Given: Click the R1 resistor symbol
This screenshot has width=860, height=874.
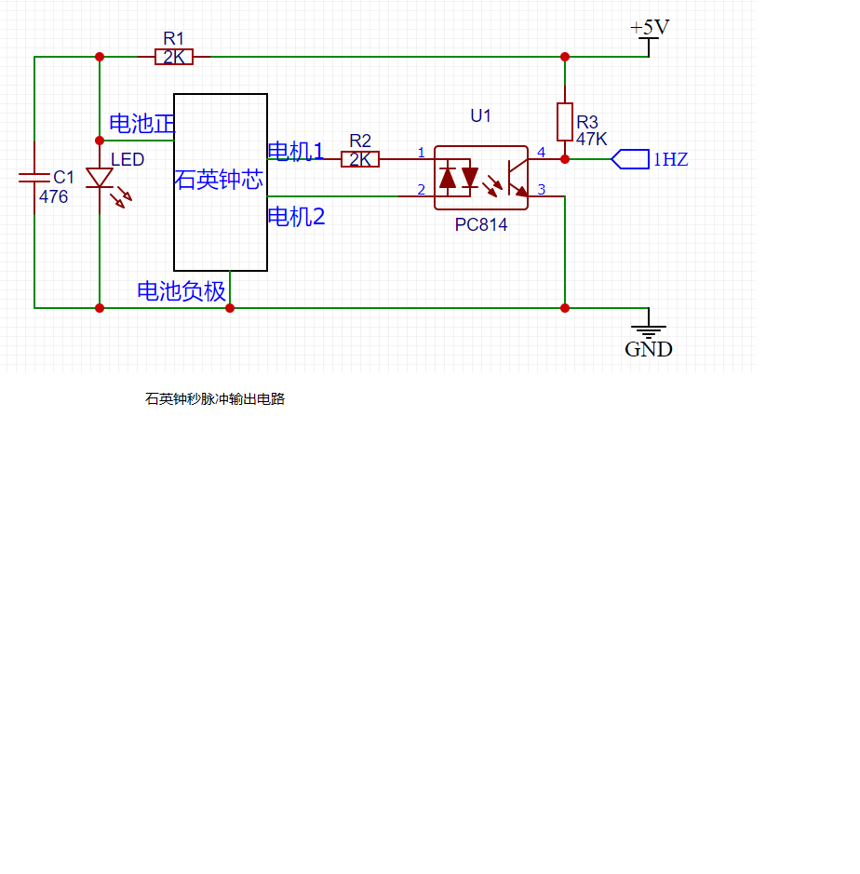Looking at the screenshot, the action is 174,57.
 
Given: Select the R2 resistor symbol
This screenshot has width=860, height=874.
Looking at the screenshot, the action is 360,159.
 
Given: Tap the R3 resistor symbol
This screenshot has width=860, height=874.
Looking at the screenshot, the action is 565,122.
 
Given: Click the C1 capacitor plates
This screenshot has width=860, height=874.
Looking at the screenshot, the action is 34,178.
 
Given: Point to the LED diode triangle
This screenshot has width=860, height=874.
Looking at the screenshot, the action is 100,178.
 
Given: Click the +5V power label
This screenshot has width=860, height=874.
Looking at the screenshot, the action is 650,27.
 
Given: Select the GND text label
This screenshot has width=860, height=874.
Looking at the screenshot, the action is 648,349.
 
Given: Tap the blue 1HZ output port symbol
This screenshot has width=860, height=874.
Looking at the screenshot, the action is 630,159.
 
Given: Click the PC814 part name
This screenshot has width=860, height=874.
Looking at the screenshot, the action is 481,224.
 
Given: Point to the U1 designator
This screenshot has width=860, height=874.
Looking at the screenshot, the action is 480,116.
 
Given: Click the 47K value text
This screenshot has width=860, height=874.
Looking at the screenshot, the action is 591,139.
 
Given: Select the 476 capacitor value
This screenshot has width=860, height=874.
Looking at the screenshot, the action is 53,196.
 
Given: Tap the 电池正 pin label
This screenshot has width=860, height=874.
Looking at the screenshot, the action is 142,124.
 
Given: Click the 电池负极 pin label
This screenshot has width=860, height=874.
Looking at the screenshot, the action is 181,291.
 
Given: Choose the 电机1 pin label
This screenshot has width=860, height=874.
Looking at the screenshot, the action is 296,151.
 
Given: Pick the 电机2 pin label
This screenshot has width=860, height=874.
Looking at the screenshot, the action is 297,216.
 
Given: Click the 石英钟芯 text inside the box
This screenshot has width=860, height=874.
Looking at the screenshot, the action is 219,180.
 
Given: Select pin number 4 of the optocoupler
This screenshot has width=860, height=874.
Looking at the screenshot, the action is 541,152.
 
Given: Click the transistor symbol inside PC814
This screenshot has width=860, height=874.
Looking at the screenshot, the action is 517,178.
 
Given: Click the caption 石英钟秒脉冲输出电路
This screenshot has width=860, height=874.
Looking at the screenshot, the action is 215,399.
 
